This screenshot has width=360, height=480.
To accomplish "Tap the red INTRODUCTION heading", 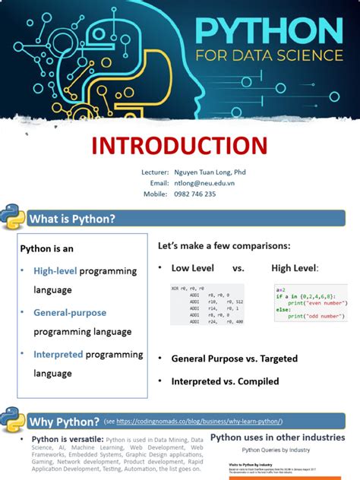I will coord(179,145).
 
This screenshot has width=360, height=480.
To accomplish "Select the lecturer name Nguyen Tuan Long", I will coord(210,172).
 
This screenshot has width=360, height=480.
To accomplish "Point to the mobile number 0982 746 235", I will coord(194,194).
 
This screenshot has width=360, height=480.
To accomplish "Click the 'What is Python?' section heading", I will coord(72,219).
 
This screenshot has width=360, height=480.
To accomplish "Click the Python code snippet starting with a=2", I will coord(310,303).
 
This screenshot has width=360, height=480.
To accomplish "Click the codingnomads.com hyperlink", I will coord(199,422).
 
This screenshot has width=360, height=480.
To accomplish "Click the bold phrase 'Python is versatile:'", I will coord(67,440).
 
